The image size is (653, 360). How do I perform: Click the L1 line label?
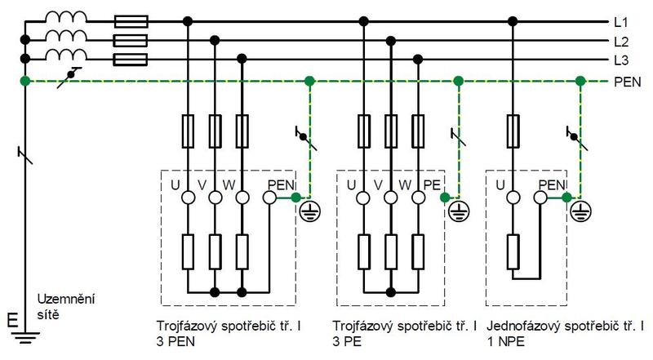click(621, 22)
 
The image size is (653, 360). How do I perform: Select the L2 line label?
click(621, 42)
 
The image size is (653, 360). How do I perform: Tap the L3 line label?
click(621, 61)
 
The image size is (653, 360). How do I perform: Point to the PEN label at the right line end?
click(628, 82)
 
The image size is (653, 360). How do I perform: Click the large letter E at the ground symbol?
click(12, 320)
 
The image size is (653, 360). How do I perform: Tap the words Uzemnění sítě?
click(66, 307)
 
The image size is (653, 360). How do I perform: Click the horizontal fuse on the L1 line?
click(131, 21)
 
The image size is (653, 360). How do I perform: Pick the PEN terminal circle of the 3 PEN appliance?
click(270, 198)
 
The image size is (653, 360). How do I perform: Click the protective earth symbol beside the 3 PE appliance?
click(459, 211)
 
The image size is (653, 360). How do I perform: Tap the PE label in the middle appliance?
click(432, 184)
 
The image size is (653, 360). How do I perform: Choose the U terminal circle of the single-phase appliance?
click(513, 198)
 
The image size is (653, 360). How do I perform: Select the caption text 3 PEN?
click(175, 342)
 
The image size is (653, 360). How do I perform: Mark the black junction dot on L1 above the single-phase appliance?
click(513, 21)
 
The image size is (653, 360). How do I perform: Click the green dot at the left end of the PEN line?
click(25, 81)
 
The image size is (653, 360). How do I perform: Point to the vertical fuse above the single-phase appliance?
click(513, 131)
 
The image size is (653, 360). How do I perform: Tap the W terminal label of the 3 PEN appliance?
click(229, 184)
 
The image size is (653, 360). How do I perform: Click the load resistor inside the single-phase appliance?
click(513, 251)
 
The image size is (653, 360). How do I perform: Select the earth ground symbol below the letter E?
click(25, 337)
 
